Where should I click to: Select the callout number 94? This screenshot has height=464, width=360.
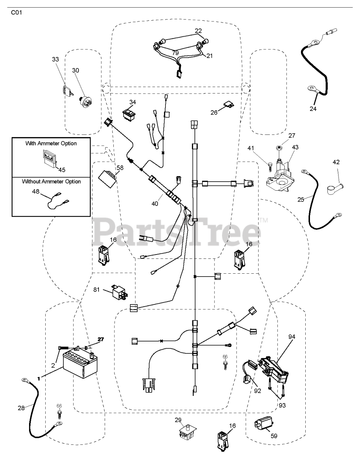[x=292, y=337]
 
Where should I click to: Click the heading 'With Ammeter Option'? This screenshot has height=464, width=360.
[x=51, y=143]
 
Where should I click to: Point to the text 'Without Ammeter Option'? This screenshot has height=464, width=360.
[x=51, y=181]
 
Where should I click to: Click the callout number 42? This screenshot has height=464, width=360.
[x=336, y=162]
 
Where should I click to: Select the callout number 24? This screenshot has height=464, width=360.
[x=313, y=108]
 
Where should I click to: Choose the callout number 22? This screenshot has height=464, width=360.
[x=198, y=31]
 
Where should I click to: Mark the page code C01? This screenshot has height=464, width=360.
[x=16, y=13]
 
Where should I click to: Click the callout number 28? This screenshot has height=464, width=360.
[x=21, y=408]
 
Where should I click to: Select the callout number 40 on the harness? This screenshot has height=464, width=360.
[x=155, y=204]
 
